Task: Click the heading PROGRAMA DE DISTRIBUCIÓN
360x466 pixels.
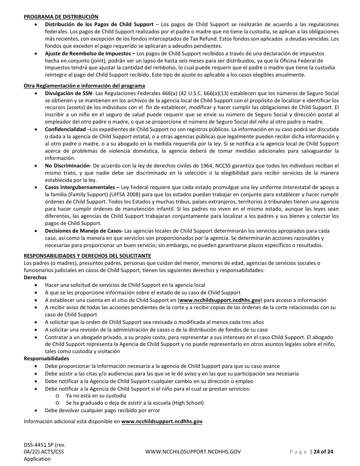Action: (x=61, y=17)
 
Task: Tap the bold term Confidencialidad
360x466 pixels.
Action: (x=65, y=130)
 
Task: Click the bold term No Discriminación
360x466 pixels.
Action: (x=67, y=166)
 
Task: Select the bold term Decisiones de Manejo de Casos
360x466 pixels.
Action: (x=83, y=231)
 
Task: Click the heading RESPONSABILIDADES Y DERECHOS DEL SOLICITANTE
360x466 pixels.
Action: (x=87, y=256)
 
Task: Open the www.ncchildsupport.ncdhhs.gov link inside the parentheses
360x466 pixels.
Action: (x=220, y=300)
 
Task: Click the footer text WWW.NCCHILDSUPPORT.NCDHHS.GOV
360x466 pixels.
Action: (x=193, y=452)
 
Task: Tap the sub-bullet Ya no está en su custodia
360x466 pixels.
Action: (x=96, y=396)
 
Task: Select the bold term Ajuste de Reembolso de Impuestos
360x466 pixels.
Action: (x=88, y=53)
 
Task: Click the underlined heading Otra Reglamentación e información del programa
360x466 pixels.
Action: (x=84, y=86)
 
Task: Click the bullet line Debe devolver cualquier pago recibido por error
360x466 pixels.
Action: (x=102, y=410)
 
